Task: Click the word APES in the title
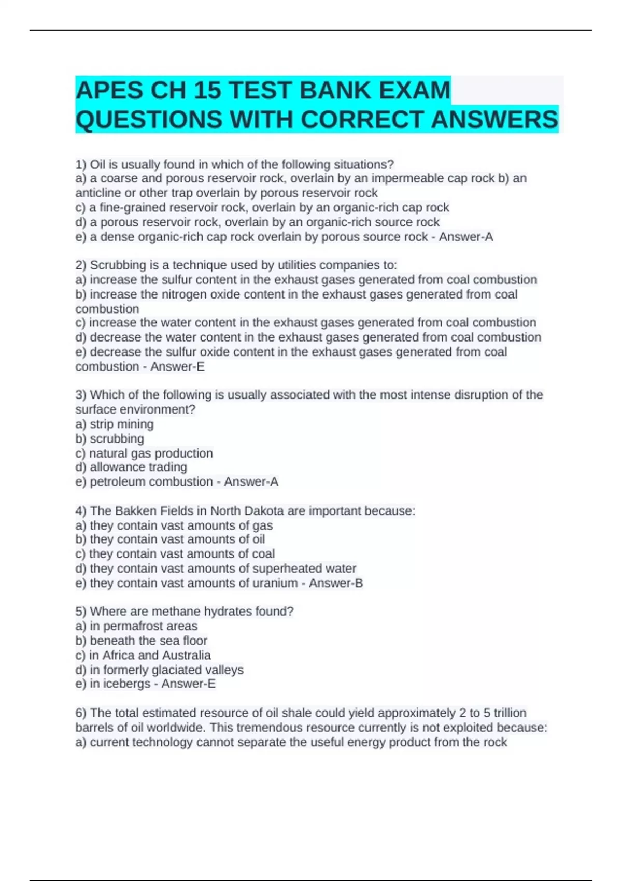(x=109, y=91)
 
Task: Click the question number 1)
(x=81, y=165)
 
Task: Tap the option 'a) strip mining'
(x=115, y=424)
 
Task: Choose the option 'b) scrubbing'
(x=110, y=438)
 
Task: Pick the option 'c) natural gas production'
(x=144, y=453)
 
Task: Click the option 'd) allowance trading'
(x=131, y=467)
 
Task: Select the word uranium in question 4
(x=275, y=583)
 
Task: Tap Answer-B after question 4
(x=336, y=583)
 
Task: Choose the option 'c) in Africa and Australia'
(x=143, y=655)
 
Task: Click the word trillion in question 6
(x=510, y=713)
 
